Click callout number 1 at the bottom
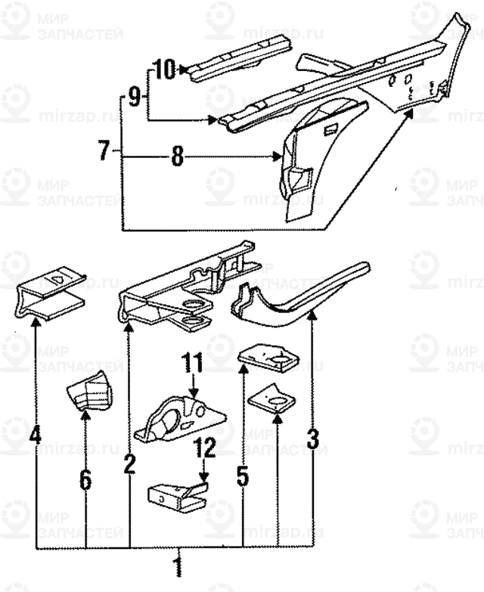tap(178, 567)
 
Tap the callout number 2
tap(129, 462)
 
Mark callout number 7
tap(104, 150)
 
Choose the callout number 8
tap(177, 157)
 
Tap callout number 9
tap(134, 96)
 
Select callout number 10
tap(165, 70)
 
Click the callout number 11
tap(193, 366)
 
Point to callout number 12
tap(204, 449)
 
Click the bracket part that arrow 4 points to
tap(51, 295)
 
